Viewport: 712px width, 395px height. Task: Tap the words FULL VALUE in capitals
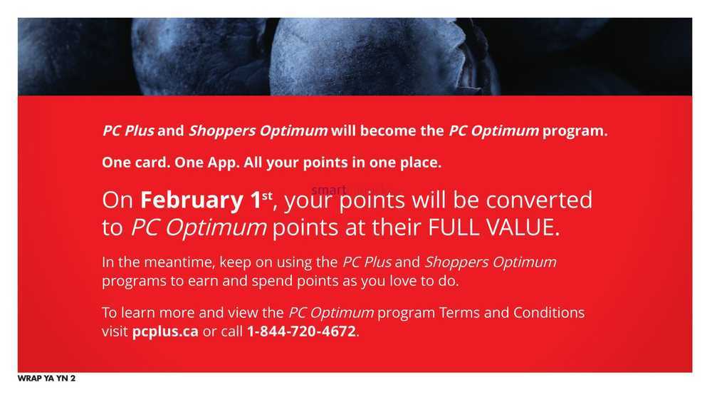coord(493,227)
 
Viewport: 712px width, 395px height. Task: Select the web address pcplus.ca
coord(165,332)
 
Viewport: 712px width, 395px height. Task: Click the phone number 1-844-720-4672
coord(301,331)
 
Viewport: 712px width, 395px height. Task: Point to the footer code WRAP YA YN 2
coord(47,378)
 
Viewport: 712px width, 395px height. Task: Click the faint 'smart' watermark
coord(329,189)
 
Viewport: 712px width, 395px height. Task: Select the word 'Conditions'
coord(549,313)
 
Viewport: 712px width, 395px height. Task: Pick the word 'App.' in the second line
coord(224,163)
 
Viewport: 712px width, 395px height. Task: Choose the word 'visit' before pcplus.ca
coord(115,332)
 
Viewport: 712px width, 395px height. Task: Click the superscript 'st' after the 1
coord(268,195)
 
